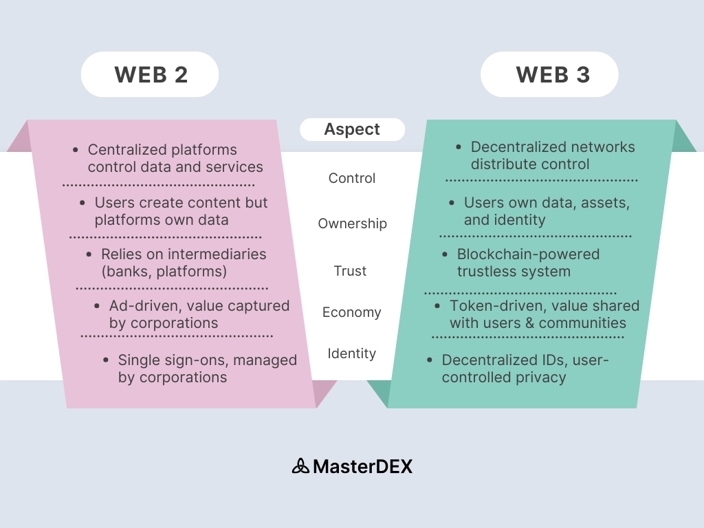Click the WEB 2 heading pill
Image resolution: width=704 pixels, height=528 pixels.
click(x=150, y=74)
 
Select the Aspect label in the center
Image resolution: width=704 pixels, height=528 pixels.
click(x=352, y=129)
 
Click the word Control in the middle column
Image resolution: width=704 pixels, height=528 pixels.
click(x=352, y=178)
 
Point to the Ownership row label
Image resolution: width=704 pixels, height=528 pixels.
click(x=352, y=223)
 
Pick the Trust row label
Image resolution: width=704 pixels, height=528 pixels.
click(x=351, y=271)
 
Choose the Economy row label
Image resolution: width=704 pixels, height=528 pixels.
click(x=351, y=312)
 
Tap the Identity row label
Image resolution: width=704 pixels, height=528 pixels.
click(x=351, y=353)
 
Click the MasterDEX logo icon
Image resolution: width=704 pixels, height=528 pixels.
click(x=300, y=466)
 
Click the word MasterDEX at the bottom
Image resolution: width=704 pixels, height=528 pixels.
click(x=362, y=466)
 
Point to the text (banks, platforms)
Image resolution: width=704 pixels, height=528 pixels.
click(x=164, y=271)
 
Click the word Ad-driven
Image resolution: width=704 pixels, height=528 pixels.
click(x=143, y=306)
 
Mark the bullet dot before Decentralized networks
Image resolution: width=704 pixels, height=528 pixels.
click(x=459, y=147)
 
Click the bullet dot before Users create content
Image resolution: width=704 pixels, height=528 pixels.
click(x=82, y=203)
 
